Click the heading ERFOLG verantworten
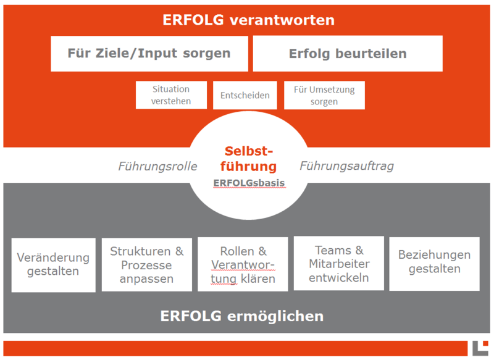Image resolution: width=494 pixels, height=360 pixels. (x=248, y=20)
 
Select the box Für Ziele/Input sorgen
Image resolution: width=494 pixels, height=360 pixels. (x=149, y=53)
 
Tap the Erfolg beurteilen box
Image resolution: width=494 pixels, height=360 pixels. (x=348, y=54)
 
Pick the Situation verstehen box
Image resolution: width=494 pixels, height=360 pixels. (x=171, y=95)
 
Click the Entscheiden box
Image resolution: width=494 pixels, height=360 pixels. (x=245, y=96)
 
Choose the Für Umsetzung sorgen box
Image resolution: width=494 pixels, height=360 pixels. (x=324, y=95)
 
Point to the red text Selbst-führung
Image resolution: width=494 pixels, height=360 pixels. (x=249, y=159)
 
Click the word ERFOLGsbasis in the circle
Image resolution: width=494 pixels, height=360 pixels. (x=249, y=183)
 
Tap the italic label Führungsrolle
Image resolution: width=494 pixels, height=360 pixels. (x=157, y=166)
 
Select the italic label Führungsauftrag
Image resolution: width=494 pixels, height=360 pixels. (x=346, y=166)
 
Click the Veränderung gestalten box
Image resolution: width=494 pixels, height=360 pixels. (x=53, y=264)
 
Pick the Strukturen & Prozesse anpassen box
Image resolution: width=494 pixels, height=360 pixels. (x=146, y=264)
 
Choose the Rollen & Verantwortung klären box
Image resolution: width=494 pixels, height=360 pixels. (x=243, y=265)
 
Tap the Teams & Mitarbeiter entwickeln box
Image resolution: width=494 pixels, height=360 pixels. (x=338, y=264)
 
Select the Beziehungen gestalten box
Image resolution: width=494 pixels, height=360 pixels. (x=434, y=262)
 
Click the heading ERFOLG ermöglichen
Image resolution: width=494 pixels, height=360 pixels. (x=242, y=317)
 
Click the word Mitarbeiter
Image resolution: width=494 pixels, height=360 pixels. (x=338, y=264)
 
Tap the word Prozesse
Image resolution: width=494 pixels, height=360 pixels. (x=146, y=265)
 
